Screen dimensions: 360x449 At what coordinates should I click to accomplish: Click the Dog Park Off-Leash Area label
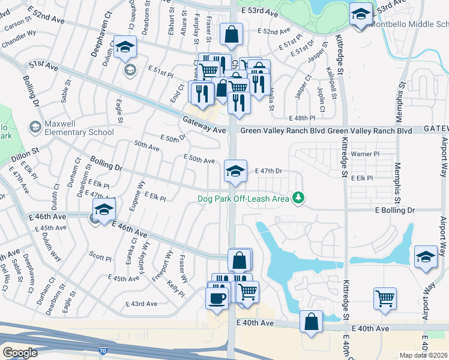point(244,198)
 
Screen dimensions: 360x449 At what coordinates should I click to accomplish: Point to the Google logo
point(20,353)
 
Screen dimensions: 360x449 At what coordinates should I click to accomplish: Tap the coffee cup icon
point(217,297)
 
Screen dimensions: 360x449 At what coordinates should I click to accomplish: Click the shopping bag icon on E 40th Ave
point(312,321)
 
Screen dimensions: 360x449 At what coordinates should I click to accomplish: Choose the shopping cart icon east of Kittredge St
point(385,297)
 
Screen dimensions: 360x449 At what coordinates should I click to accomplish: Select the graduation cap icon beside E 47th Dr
point(236,170)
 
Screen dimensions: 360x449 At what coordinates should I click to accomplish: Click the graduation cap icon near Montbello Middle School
point(361,14)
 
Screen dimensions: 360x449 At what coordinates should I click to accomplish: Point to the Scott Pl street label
point(100,257)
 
